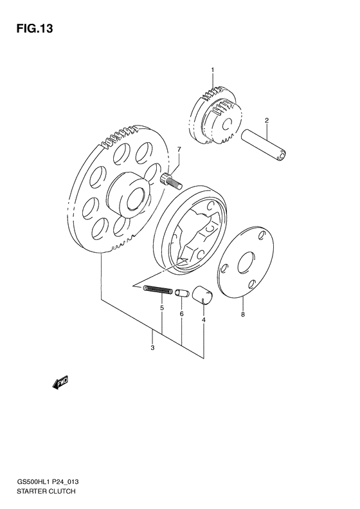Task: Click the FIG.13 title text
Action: point(31,29)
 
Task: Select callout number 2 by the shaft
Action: point(266,120)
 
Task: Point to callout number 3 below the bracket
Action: point(152,348)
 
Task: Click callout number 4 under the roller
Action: point(203,319)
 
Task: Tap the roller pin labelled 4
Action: point(204,294)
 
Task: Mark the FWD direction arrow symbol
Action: point(60,384)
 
